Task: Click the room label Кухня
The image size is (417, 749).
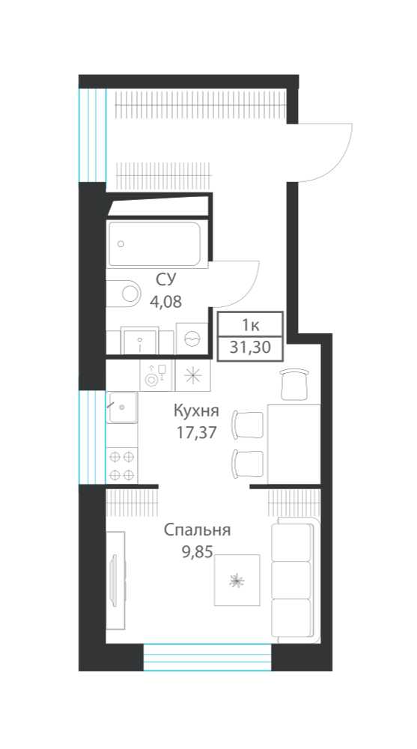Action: (x=196, y=410)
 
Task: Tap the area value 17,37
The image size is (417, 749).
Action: (x=196, y=433)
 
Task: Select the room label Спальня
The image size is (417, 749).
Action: (x=198, y=530)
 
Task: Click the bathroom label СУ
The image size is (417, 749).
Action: (x=165, y=280)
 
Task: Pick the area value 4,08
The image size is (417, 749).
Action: (x=165, y=302)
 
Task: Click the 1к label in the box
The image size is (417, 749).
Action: (x=250, y=325)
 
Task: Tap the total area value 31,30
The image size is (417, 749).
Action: (x=250, y=348)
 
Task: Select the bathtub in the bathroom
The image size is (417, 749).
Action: (x=153, y=244)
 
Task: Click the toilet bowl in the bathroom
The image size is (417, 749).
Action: (x=124, y=292)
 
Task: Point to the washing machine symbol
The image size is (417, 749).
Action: (x=192, y=339)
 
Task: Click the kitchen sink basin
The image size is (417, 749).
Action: (x=122, y=407)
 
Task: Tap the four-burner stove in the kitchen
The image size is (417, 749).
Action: (x=122, y=466)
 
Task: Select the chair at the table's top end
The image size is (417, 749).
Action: (x=293, y=384)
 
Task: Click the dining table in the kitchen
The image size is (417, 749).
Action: (x=293, y=443)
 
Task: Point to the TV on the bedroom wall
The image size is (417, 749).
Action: (x=114, y=580)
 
